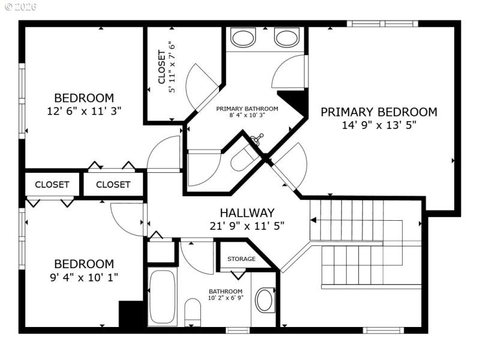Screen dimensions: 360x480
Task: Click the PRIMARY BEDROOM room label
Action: click(379, 112)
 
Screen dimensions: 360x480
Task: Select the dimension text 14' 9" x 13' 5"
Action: click(379, 125)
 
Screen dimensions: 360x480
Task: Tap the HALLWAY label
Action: click(247, 212)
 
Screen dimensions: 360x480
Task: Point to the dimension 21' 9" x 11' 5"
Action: click(247, 226)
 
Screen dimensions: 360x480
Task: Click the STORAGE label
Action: click(241, 259)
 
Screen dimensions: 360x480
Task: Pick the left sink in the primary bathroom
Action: click(244, 38)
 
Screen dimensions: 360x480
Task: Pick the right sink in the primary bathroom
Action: click(286, 38)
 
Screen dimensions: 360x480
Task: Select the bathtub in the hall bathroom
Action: click(162, 297)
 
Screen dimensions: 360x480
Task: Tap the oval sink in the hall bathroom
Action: click(265, 300)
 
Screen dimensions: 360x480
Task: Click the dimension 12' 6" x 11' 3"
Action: click(84, 111)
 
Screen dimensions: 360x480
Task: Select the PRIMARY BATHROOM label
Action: click(247, 109)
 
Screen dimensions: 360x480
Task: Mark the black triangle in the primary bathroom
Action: click(293, 100)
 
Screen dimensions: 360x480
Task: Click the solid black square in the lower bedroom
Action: click(129, 314)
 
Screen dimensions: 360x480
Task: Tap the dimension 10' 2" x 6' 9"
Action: click(226, 298)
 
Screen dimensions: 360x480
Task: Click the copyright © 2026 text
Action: click(20, 7)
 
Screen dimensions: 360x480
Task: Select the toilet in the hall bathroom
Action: click(193, 312)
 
